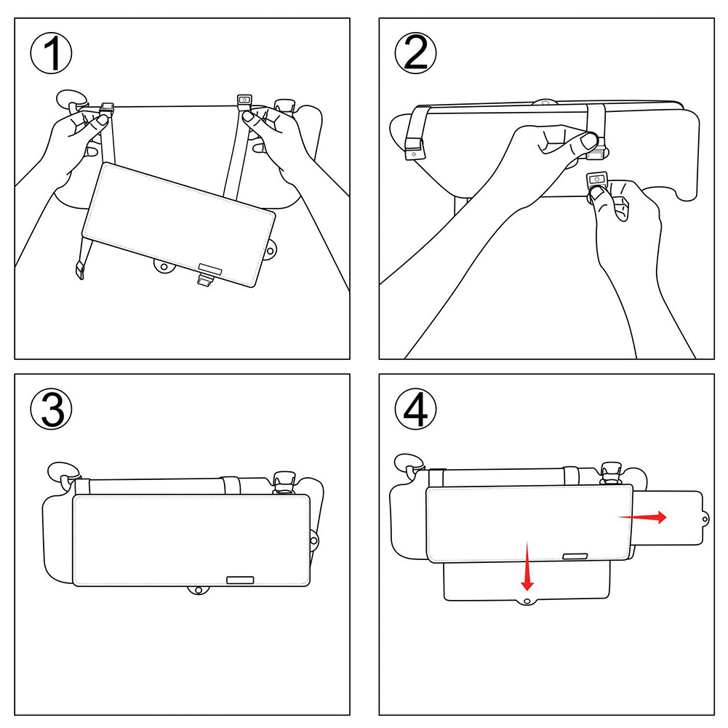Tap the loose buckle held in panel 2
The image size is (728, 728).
pyautogui.click(x=599, y=180)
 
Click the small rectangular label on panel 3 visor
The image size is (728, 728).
pyautogui.click(x=239, y=580)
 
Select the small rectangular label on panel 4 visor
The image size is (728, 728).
pyautogui.click(x=575, y=556)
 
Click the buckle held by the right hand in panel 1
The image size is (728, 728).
pyautogui.click(x=244, y=101)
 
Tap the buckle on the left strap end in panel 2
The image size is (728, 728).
pyautogui.click(x=413, y=153)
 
